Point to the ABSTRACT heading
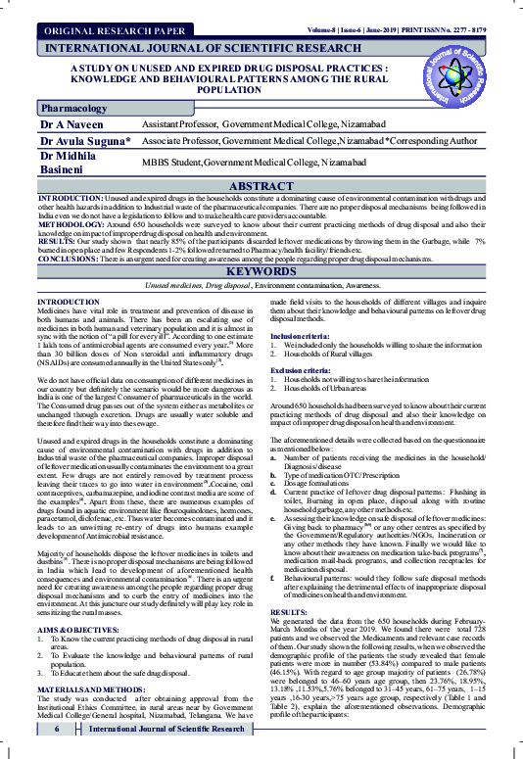coord(261,186)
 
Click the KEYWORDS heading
coord(261,271)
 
